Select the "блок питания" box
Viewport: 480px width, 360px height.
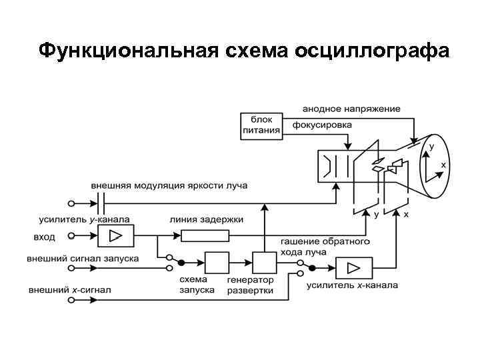(x=261, y=125)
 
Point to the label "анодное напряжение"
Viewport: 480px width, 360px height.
(x=351, y=108)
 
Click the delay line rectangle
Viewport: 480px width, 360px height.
(x=205, y=235)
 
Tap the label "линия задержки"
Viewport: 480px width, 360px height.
(x=207, y=219)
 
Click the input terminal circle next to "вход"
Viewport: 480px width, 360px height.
(x=71, y=235)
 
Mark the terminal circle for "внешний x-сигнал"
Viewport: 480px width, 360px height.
(x=71, y=300)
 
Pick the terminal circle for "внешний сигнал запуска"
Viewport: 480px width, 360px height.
(x=71, y=268)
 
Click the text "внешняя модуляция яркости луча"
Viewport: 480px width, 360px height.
(x=169, y=185)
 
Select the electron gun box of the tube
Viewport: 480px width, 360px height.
(x=337, y=165)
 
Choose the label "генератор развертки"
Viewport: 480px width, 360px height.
(x=250, y=285)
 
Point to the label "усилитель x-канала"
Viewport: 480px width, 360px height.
(x=352, y=285)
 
